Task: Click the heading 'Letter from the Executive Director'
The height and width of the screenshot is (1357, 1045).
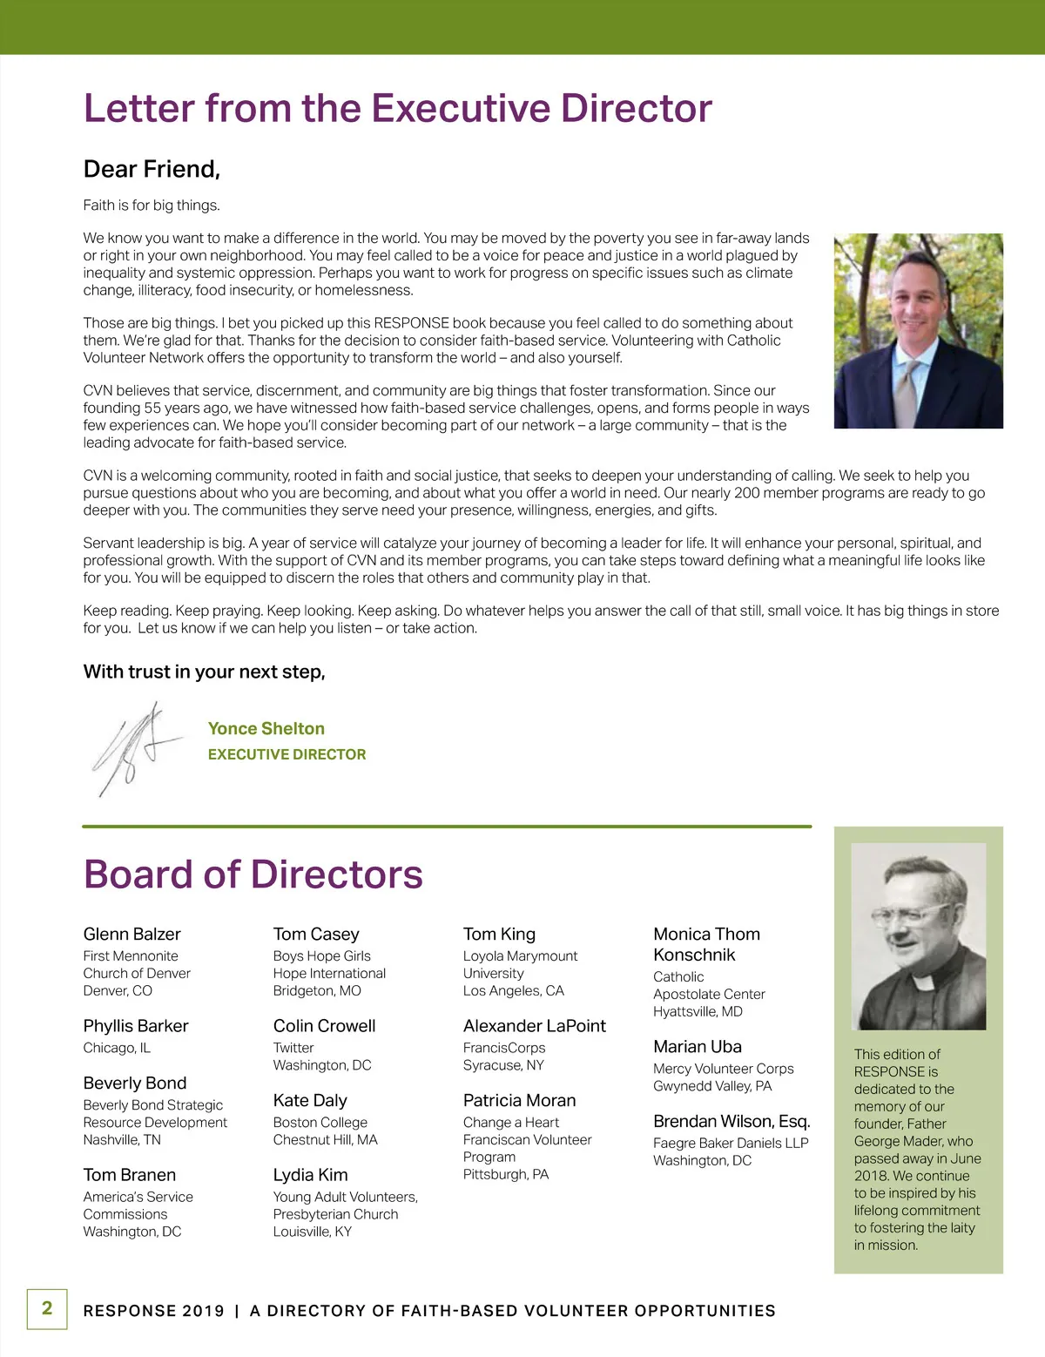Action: [397, 109]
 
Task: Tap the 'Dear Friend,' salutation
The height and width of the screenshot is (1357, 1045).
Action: [152, 169]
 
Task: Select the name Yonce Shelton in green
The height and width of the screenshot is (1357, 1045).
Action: [266, 729]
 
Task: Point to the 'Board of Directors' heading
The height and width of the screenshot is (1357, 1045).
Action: [253, 874]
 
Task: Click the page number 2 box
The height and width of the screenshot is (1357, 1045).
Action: [47, 1308]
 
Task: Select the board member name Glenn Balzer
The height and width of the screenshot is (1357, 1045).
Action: [131, 935]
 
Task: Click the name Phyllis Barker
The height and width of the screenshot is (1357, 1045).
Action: [135, 1026]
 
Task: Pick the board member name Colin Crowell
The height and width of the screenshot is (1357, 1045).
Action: [324, 1026]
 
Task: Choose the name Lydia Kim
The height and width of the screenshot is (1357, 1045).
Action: [310, 1175]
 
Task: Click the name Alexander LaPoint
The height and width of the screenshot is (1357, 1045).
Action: [534, 1026]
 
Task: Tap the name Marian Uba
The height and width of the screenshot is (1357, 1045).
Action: [697, 1047]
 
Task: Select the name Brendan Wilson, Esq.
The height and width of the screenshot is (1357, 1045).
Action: [731, 1122]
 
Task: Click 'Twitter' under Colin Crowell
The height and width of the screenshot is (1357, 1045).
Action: [293, 1048]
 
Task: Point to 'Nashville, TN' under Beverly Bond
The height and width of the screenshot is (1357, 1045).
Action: [121, 1140]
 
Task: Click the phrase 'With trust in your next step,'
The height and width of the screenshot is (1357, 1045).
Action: [204, 672]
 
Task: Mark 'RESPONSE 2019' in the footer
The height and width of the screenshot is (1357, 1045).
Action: [153, 1311]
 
